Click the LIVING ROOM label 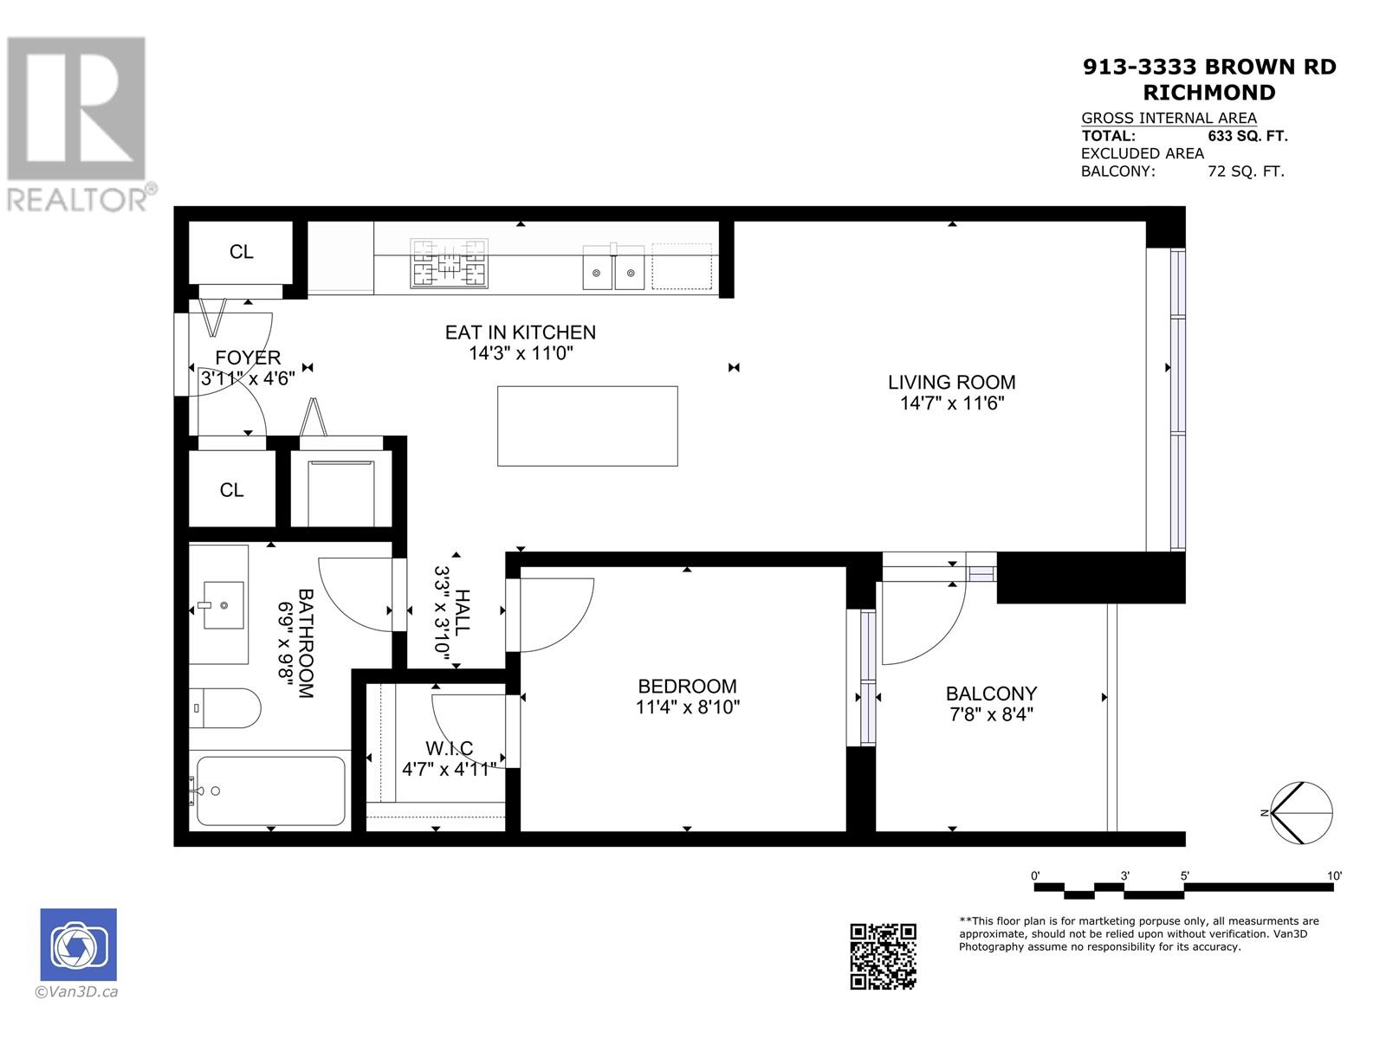951,382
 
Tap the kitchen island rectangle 586,426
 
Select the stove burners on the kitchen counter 449,263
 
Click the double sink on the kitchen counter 613,267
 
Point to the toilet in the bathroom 227,708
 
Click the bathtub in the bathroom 270,791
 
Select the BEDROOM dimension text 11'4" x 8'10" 687,707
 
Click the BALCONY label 991,694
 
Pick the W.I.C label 449,748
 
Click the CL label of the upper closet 241,252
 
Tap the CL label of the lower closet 231,490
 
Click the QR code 883,956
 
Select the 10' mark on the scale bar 1334,876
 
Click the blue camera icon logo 78,945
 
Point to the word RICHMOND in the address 1209,93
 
